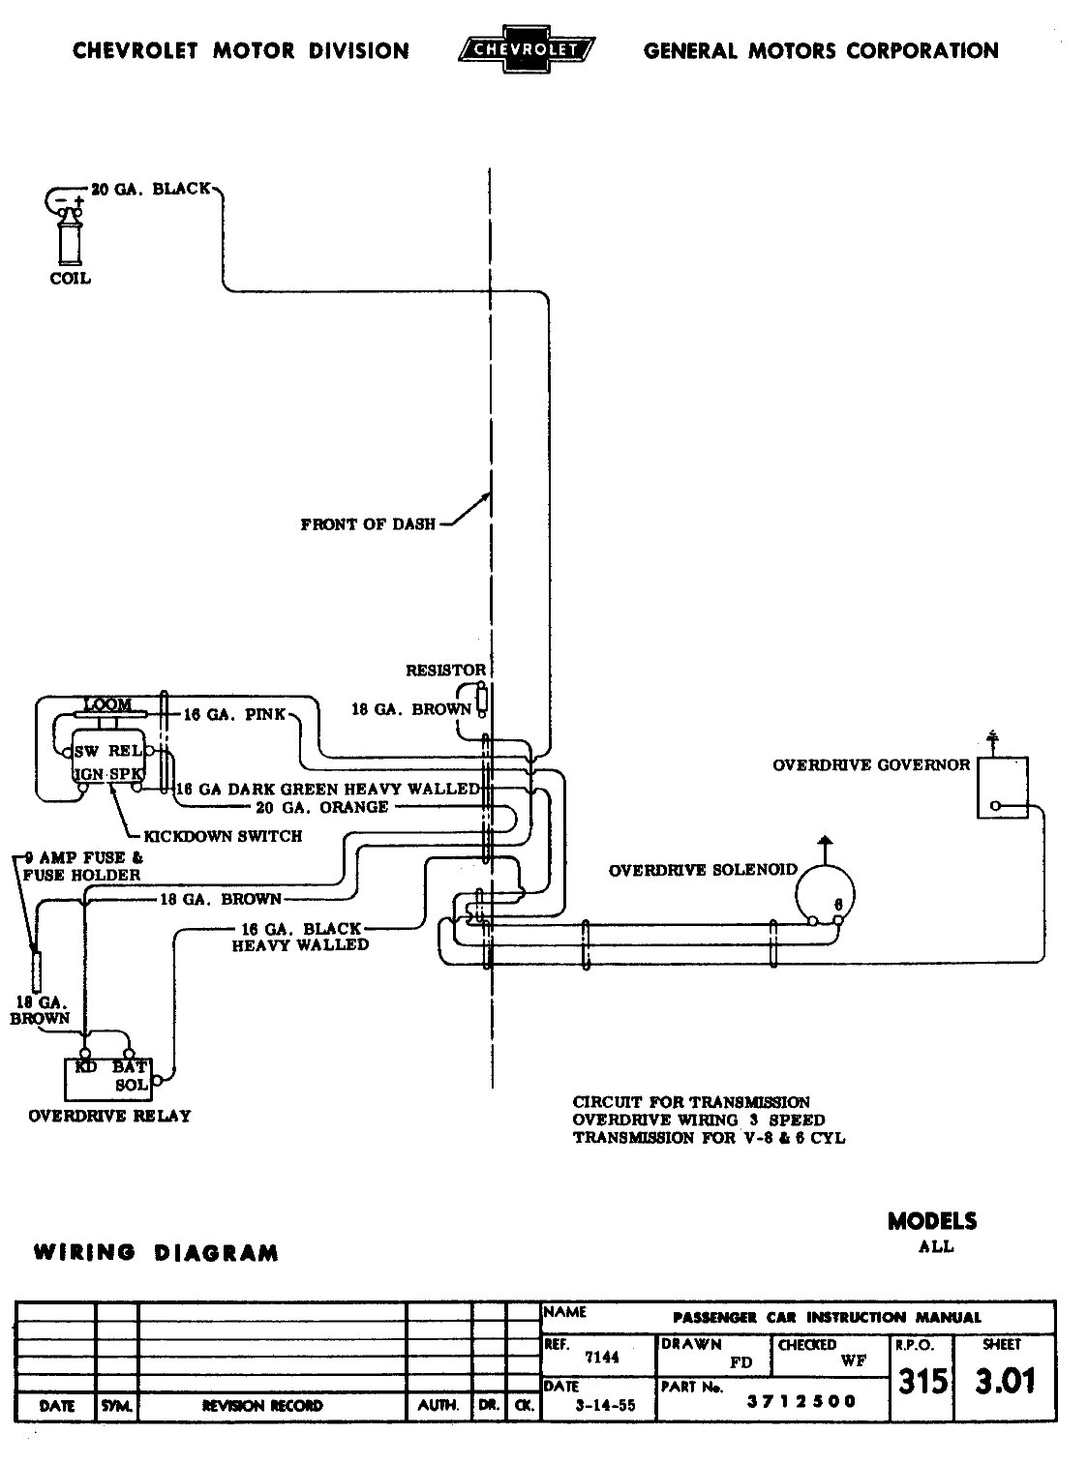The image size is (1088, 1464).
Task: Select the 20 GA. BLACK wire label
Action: tap(150, 189)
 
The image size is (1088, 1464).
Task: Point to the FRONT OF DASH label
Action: tap(368, 525)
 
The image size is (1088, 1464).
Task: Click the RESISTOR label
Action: tap(444, 670)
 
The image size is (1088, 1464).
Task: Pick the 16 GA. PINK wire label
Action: tap(234, 714)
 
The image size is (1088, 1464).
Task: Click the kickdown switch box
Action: tap(107, 762)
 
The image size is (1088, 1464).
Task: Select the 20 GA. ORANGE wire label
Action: tap(322, 807)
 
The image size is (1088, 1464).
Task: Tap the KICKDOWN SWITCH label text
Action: tap(223, 836)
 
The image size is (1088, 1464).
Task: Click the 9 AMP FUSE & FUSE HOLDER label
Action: tap(82, 866)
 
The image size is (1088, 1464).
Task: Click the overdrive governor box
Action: tap(1002, 788)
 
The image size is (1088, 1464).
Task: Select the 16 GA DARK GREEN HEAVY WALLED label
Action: tap(328, 789)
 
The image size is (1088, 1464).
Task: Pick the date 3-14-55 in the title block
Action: tap(602, 1406)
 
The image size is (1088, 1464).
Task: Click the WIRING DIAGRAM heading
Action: tap(156, 1253)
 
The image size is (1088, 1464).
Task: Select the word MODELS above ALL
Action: tap(932, 1221)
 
